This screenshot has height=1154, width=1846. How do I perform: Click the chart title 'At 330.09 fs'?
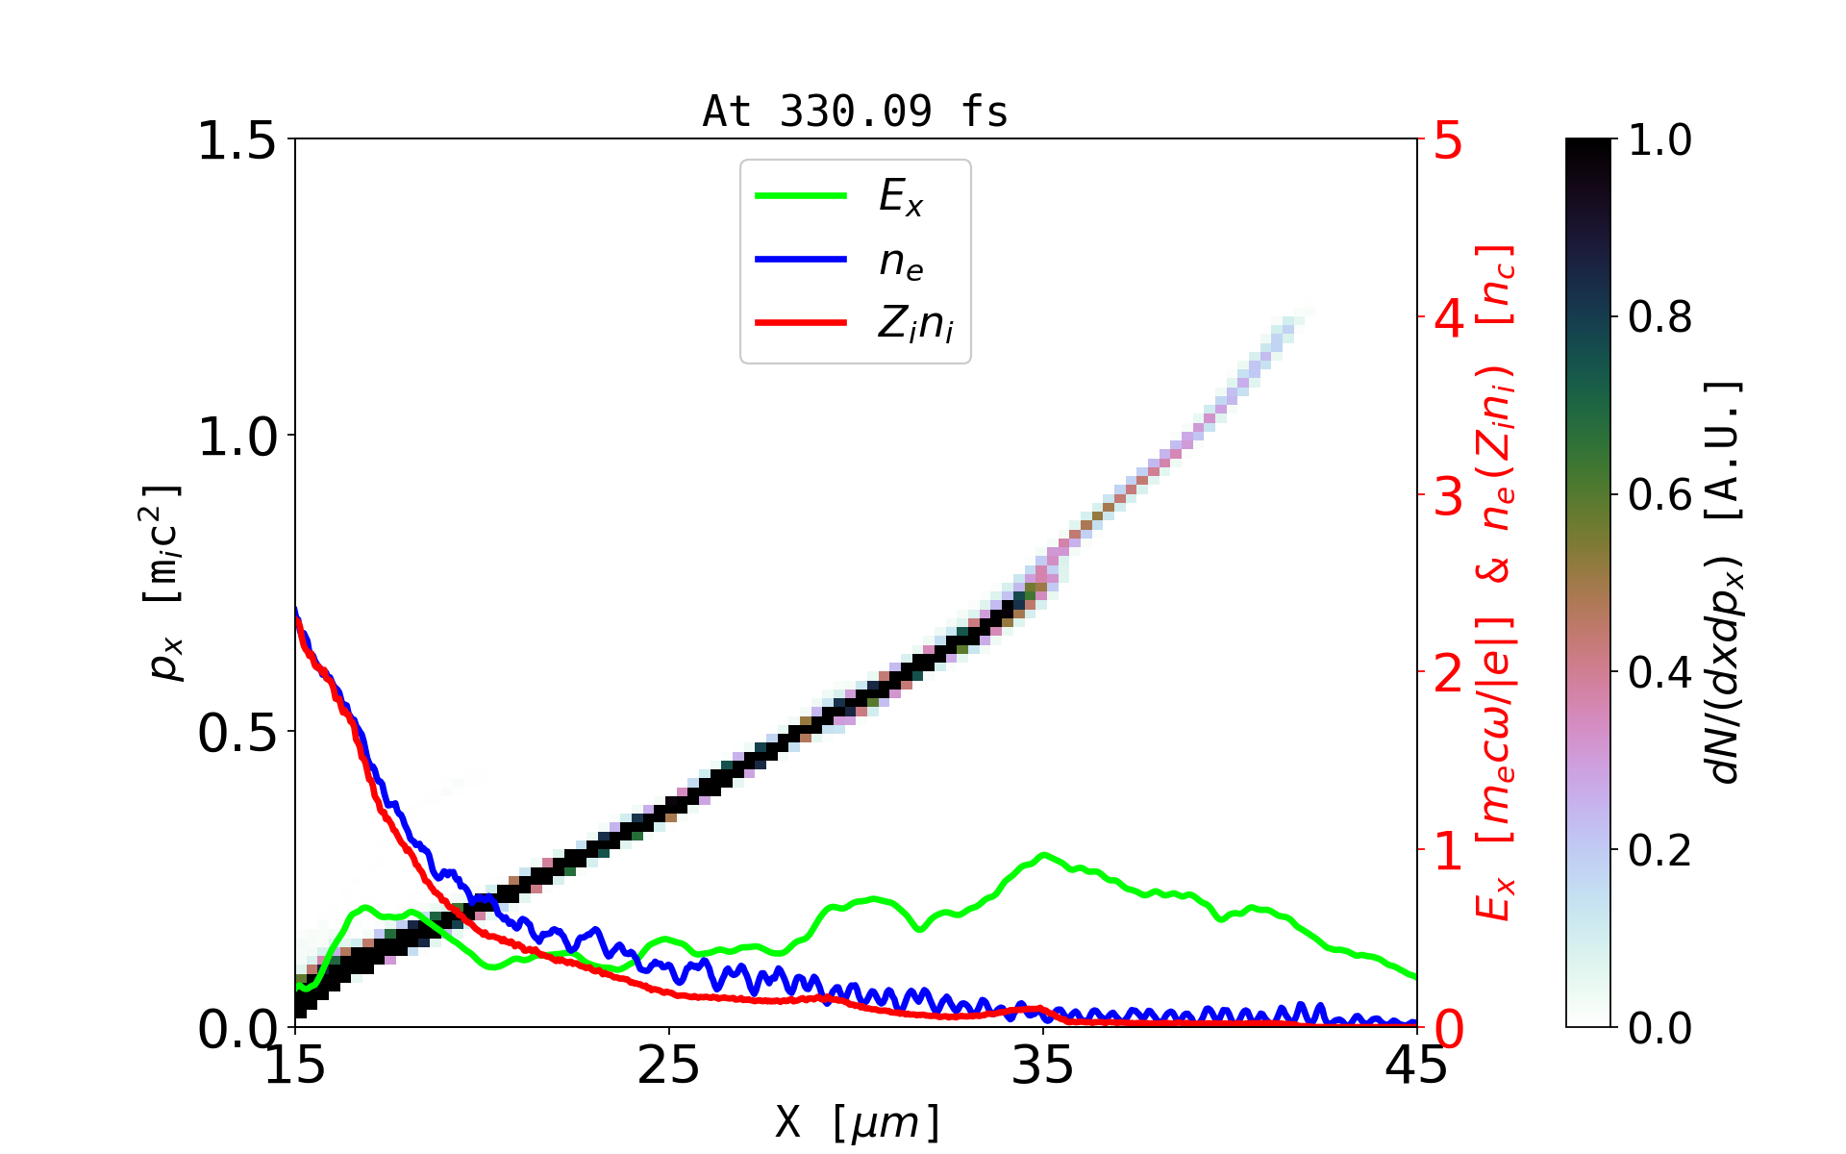pyautogui.click(x=855, y=112)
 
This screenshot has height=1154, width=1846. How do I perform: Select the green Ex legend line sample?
pyautogui.click(x=801, y=195)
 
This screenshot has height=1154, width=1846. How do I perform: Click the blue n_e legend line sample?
pyautogui.click(x=801, y=259)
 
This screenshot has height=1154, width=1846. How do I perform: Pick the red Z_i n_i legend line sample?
pyautogui.click(x=801, y=322)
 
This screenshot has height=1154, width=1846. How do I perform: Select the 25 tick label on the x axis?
pyautogui.click(x=668, y=1066)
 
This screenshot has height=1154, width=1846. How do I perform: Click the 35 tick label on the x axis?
pyautogui.click(x=1043, y=1066)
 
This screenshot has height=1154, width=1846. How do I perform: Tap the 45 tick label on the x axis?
pyautogui.click(x=1416, y=1066)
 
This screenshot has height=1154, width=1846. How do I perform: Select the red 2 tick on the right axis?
pyautogui.click(x=1448, y=673)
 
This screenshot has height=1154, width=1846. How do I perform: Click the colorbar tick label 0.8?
pyautogui.click(x=1659, y=317)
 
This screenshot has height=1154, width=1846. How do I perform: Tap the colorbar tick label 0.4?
pyautogui.click(x=1659, y=673)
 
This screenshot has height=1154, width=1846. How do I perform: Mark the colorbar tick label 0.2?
pyautogui.click(x=1659, y=850)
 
